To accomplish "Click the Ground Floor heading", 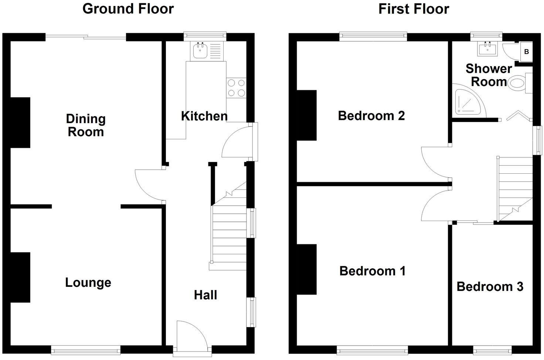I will pyautogui.click(x=128, y=9).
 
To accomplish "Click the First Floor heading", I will pyautogui.click(x=414, y=9).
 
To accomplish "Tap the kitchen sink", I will pyautogui.click(x=201, y=51).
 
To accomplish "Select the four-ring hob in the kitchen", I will pyautogui.click(x=236, y=88).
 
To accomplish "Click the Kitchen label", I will pyautogui.click(x=204, y=116).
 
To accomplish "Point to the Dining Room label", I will pyautogui.click(x=86, y=125).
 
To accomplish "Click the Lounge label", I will pyautogui.click(x=88, y=282).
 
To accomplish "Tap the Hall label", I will pyautogui.click(x=205, y=295).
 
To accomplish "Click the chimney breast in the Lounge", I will pyautogui.click(x=20, y=278).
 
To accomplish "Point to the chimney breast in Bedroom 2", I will pyautogui.click(x=307, y=115).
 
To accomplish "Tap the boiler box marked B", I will pyautogui.click(x=526, y=52).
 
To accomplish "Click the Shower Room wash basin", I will pyautogui.click(x=487, y=48).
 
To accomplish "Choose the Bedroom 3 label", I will pyautogui.click(x=490, y=286).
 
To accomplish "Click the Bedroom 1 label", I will pyautogui.click(x=372, y=271).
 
